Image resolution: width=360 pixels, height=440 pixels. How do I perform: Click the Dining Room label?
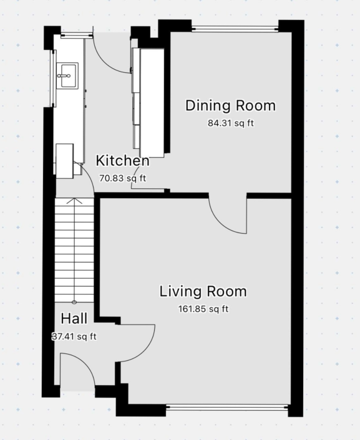click(230, 105)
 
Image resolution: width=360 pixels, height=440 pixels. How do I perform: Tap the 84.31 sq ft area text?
click(231, 123)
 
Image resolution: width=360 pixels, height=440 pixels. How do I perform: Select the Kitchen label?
click(122, 161)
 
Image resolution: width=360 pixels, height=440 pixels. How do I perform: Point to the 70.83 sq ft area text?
click(122, 178)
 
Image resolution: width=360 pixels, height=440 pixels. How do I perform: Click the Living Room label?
click(203, 291)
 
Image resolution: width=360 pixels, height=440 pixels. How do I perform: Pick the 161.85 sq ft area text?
click(203, 309)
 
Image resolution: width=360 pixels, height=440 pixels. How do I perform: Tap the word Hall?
click(74, 318)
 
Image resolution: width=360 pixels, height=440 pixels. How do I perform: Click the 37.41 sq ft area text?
click(74, 336)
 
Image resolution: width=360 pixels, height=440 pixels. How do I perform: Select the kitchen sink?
click(67, 76)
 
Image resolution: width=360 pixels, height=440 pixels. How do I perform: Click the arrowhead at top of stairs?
click(74, 200)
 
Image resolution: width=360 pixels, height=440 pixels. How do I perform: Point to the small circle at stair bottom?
click(74, 302)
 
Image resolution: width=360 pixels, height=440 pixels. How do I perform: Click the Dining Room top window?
click(235, 28)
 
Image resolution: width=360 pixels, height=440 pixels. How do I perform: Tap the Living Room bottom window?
click(226, 407)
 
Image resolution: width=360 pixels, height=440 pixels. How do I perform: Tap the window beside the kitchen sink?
click(53, 79)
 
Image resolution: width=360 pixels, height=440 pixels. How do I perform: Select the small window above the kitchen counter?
click(77, 35)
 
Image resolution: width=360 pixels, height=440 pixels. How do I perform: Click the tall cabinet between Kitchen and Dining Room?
click(152, 103)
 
